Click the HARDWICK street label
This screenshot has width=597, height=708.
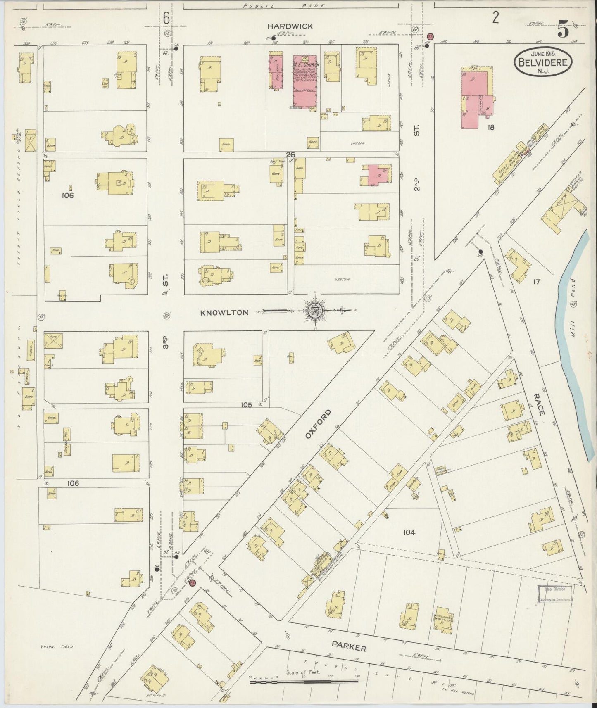(x=290, y=26)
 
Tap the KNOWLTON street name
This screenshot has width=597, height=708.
(x=224, y=313)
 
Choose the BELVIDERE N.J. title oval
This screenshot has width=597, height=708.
(x=543, y=63)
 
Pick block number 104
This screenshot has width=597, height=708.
(x=409, y=532)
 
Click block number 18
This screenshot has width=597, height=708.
(x=490, y=128)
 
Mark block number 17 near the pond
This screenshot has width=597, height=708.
(x=536, y=282)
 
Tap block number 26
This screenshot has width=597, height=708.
(x=290, y=154)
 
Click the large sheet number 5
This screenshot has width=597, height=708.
(x=563, y=30)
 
